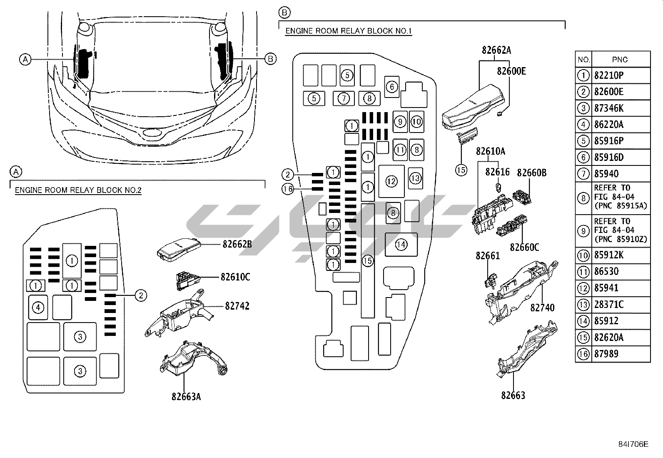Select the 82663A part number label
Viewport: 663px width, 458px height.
[186, 396]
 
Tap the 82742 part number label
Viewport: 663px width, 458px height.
[237, 306]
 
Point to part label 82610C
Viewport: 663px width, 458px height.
[235, 277]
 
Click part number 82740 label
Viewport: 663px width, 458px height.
[542, 308]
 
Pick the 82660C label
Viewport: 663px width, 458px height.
[524, 247]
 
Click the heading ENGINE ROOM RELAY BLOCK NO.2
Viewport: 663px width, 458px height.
[78, 190]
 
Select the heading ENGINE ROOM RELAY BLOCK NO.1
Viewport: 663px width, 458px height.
[348, 31]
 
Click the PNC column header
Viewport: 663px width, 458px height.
[620, 60]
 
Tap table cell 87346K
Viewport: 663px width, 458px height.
[609, 108]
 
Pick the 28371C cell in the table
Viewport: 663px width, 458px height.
[609, 305]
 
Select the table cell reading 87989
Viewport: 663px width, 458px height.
[606, 354]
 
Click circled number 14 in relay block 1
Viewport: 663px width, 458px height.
[401, 244]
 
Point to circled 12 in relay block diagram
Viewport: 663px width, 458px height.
[391, 181]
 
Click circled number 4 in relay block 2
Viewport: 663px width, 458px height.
[38, 308]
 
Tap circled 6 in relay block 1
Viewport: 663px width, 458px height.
[392, 87]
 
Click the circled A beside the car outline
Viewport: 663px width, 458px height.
[25, 60]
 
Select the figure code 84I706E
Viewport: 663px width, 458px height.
[633, 444]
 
